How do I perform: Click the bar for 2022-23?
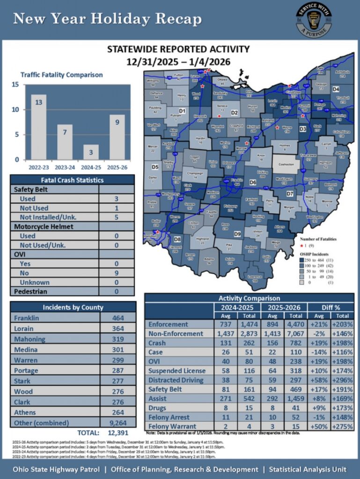pyautogui.click(x=39, y=127)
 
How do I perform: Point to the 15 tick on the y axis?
pyautogui.click(x=15, y=85)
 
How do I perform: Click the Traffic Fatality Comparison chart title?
pyautogui.click(x=61, y=75)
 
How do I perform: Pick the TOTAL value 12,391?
pyautogui.click(x=117, y=433)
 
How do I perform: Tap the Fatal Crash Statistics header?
pyautogui.click(x=72, y=180)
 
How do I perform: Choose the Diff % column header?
pyautogui.click(x=331, y=308)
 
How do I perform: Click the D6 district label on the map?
pyautogui.click(x=253, y=182)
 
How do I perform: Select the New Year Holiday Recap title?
pyautogui.click(x=107, y=19)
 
